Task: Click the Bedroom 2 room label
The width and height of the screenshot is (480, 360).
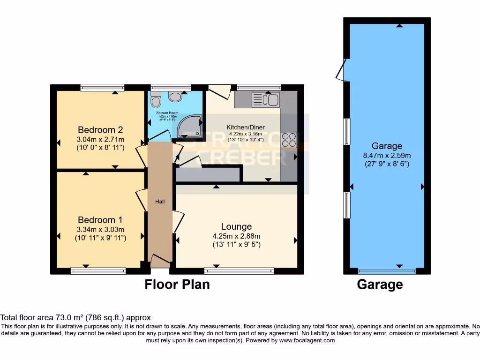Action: tap(100, 130)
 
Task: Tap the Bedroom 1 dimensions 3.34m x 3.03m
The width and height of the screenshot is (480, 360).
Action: tap(100, 229)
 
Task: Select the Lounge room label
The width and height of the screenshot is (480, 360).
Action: tap(237, 226)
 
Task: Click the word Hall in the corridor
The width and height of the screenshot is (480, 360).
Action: tap(159, 202)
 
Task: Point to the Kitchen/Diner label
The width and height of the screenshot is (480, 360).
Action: tap(246, 127)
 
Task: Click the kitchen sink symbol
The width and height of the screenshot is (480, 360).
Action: tap(265, 99)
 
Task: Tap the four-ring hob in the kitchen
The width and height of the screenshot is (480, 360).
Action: tap(288, 140)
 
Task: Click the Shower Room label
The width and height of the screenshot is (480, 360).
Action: tap(167, 113)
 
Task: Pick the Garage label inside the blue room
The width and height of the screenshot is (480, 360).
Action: tap(387, 146)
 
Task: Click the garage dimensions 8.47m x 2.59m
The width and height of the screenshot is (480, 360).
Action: tap(387, 155)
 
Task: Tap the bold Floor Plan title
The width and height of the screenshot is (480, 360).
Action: tap(177, 284)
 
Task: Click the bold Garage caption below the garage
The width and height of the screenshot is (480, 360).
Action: tap(380, 284)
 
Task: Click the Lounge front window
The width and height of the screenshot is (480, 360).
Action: tap(239, 270)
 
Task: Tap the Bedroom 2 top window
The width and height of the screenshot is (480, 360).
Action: tap(102, 87)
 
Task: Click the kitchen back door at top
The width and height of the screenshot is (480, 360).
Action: tap(219, 90)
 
